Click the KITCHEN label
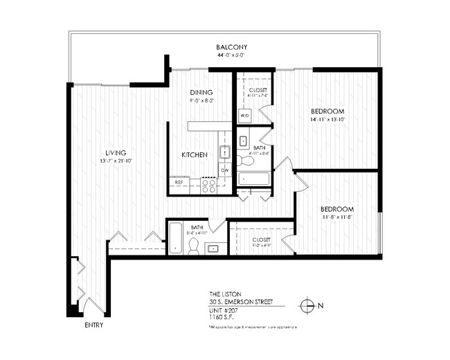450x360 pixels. pos(195,155)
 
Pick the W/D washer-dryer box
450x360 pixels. pos(244,116)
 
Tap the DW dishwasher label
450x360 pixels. pos(224,170)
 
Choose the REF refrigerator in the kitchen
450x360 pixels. pos(179,182)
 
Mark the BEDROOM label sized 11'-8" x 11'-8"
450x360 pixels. pos(337,209)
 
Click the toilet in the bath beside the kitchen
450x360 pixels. pos(244,161)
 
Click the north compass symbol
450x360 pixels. pos(307,305)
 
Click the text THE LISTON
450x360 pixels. pos(224,294)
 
